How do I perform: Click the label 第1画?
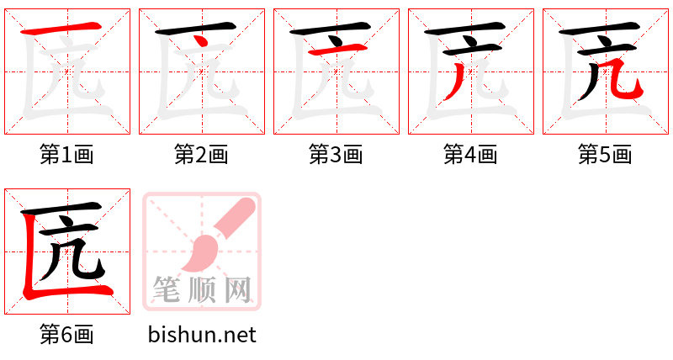[x=66, y=155]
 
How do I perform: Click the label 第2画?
[x=201, y=155]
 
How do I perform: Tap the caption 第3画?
[x=336, y=155]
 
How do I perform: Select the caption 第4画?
[x=470, y=155]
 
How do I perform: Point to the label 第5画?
[x=605, y=155]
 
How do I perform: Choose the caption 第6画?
[x=66, y=335]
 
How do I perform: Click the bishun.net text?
[x=202, y=335]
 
